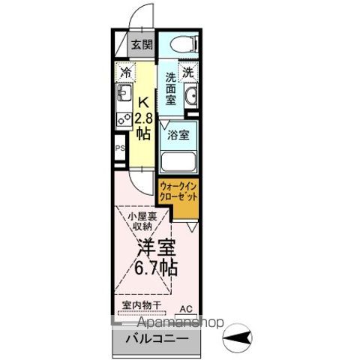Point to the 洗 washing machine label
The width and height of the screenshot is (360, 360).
coord(189,73)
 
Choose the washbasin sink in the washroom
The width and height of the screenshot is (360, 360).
coord(190,97)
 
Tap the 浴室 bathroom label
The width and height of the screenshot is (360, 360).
coord(178,136)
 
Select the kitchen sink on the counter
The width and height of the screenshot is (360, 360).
coord(122,95)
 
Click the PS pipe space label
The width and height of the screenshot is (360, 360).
coord(119,148)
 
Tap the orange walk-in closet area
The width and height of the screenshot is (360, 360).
coord(178,198)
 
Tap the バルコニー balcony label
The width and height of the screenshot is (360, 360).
coord(158,339)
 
